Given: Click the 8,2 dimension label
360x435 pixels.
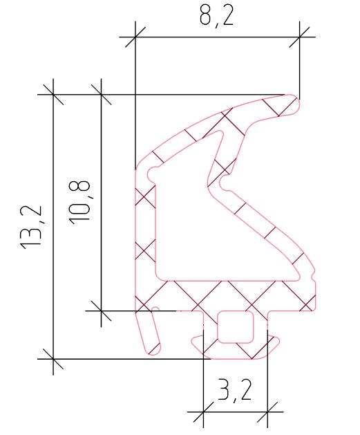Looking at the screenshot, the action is (x=217, y=16).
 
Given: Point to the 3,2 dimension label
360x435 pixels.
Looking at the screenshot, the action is (x=235, y=390).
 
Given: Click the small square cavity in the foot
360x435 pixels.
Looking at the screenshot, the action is (x=236, y=327).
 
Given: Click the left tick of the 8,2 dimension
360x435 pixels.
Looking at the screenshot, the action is (x=135, y=37).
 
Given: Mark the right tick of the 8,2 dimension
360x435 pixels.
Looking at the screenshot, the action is (x=299, y=37).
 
